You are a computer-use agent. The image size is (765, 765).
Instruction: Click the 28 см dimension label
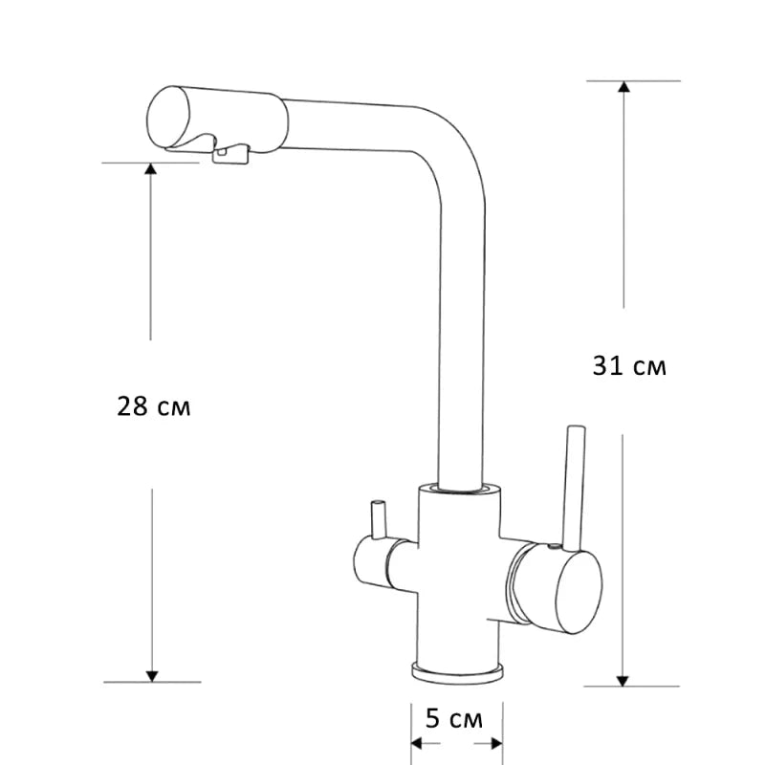coord(153,406)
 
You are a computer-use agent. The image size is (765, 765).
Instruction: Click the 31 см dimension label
coord(628,365)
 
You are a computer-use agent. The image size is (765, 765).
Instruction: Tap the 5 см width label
coord(454,717)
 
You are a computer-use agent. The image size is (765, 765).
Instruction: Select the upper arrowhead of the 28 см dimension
coord(150,170)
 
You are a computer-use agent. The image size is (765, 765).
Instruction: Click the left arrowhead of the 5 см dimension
coord(419,743)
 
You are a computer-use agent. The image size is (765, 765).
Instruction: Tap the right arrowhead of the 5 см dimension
coord(495,743)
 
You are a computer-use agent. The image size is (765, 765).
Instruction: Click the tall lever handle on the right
coord(575,488)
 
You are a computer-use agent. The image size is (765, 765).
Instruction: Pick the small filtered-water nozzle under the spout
coord(228,156)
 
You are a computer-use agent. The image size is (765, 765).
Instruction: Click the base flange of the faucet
coord(457,670)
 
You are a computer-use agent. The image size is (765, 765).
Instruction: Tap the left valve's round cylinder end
coord(364,562)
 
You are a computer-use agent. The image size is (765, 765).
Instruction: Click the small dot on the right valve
coord(552,549)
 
